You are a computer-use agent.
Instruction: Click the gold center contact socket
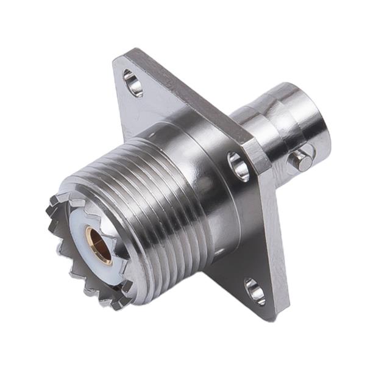click(x=97, y=244)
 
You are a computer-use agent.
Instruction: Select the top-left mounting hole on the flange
click(x=132, y=83)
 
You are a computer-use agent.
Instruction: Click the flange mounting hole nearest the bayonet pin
click(x=238, y=166)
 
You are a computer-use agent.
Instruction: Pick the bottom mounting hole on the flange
click(x=255, y=291)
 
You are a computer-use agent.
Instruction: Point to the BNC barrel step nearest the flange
click(x=244, y=122)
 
